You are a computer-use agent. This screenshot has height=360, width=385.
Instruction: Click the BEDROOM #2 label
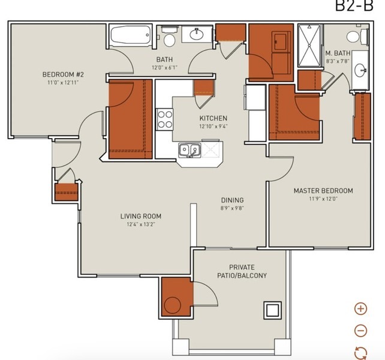click(x=63, y=74)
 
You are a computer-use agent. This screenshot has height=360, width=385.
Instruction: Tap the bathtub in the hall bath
click(x=130, y=35)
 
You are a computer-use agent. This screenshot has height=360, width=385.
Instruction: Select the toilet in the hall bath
click(x=169, y=37)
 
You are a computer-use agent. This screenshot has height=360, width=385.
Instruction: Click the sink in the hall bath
click(x=197, y=34)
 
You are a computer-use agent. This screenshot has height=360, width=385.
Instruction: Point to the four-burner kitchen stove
click(x=165, y=119)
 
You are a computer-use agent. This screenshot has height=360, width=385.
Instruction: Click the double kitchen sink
click(x=189, y=149)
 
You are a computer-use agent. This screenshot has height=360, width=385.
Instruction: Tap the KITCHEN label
click(x=213, y=118)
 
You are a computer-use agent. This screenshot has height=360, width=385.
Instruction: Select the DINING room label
click(x=232, y=200)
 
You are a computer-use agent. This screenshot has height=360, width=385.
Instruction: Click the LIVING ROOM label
click(x=141, y=216)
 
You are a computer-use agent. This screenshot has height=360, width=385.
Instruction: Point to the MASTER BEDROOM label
click(x=323, y=191)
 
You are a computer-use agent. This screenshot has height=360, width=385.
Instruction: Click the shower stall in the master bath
click(x=309, y=46)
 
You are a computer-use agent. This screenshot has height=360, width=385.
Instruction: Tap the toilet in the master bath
click(x=357, y=37)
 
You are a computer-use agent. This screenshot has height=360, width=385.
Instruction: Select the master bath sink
click(x=360, y=70)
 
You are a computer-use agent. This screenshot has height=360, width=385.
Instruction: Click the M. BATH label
click(x=338, y=53)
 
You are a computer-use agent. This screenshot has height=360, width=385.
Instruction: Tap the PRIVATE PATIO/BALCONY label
click(x=242, y=271)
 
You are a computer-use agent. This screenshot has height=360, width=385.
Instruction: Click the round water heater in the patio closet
click(x=172, y=305)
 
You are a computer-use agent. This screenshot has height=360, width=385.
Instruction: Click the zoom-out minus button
click(x=360, y=330)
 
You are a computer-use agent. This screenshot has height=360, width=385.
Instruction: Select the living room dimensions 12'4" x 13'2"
click(x=141, y=224)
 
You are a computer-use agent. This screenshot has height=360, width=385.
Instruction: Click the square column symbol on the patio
click(x=272, y=310)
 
